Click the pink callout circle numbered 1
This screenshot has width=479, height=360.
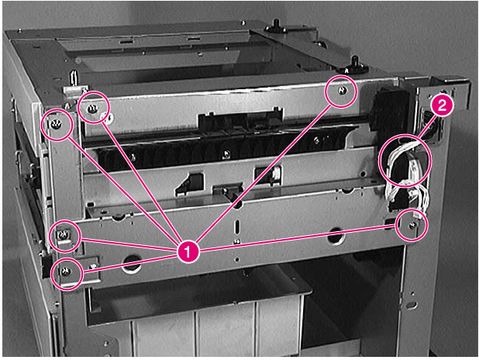[187, 250]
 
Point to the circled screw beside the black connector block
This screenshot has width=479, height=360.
[342, 92]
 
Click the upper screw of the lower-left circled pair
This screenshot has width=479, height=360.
[65, 234]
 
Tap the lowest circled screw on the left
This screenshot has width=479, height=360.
[66, 272]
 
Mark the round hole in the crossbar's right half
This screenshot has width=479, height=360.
[335, 234]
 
